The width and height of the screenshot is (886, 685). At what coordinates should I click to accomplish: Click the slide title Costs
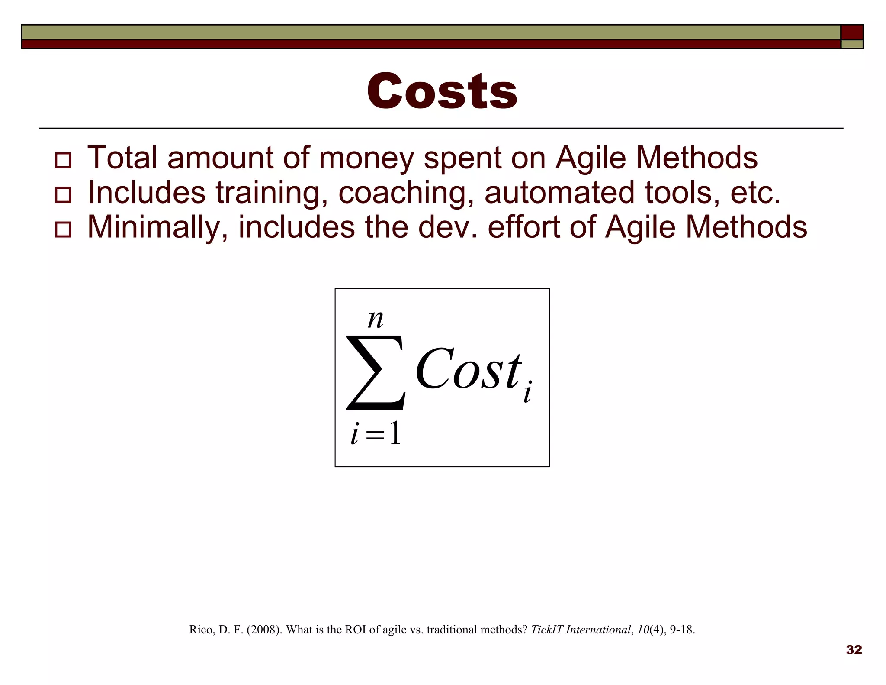point(442,91)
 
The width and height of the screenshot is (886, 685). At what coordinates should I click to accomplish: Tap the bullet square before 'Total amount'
point(63,160)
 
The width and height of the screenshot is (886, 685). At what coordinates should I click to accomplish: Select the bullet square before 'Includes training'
point(63,195)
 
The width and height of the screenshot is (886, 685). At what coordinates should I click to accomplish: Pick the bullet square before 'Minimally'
point(63,229)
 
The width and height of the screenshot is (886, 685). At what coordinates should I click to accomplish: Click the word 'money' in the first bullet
point(366,158)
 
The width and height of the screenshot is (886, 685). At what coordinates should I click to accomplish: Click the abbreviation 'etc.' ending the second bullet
point(755,193)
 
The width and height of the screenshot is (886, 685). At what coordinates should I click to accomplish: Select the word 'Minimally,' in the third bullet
point(157,228)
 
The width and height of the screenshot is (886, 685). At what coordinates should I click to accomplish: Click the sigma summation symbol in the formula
point(376,372)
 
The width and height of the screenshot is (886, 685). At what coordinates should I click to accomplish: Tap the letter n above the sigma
point(375,320)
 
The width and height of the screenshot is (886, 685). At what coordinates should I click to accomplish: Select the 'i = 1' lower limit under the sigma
point(376,433)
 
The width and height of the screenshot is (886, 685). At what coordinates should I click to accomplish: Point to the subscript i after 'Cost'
point(527,392)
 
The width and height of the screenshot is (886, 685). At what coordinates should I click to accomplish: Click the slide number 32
point(854,649)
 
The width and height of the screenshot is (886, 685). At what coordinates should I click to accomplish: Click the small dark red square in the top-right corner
point(852,32)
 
